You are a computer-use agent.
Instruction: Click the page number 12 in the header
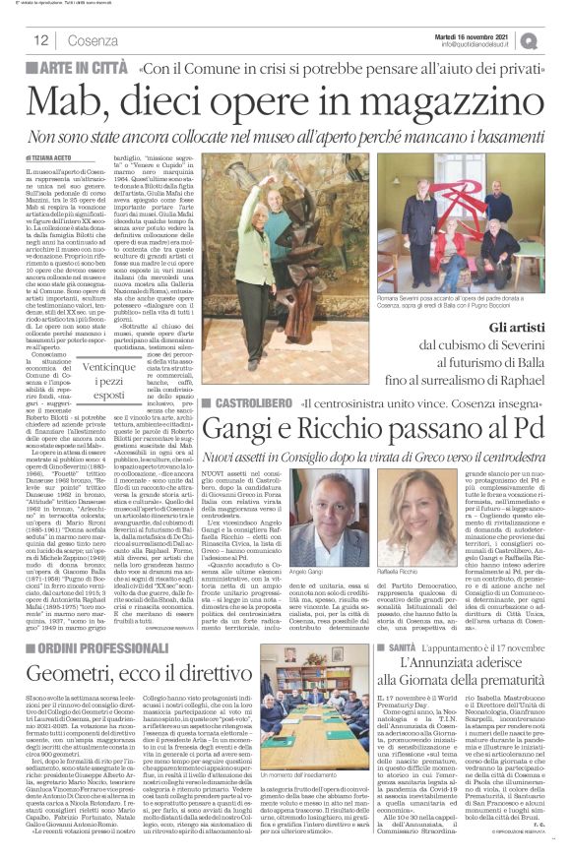(x=42, y=40)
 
